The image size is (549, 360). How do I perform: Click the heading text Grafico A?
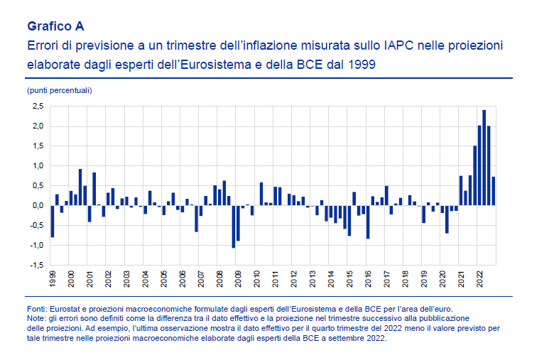click(x=55, y=26)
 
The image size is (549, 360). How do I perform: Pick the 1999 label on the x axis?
click(x=53, y=278)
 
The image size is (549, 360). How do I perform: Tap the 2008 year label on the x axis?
click(x=219, y=278)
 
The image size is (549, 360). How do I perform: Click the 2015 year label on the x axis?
click(x=349, y=278)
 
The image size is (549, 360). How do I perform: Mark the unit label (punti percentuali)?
click(x=60, y=90)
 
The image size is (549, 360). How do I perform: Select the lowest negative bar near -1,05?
click(x=233, y=227)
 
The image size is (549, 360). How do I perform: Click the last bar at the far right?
click(x=494, y=192)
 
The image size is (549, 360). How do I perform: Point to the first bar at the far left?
click(x=53, y=221)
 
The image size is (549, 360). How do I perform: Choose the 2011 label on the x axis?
click(x=276, y=278)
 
